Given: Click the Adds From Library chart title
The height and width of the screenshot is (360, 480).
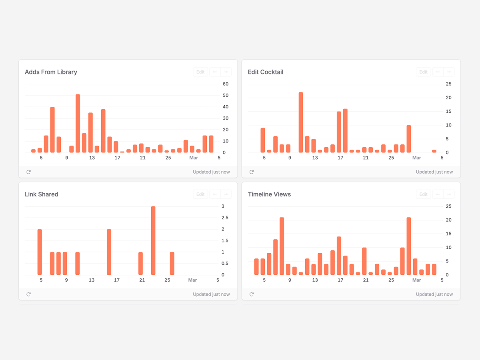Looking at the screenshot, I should [51, 72].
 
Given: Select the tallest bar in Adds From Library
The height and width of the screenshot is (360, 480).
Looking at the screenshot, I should [78, 123].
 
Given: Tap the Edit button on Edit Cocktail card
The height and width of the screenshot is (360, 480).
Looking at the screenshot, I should [423, 72].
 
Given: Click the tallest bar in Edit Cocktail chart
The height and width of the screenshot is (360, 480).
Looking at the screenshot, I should [301, 122].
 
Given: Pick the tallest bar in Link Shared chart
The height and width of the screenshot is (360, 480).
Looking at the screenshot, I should [153, 240].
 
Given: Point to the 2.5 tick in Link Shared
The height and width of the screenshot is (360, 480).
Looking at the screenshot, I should [225, 218].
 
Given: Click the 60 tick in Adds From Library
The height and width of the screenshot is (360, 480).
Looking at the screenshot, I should [226, 84].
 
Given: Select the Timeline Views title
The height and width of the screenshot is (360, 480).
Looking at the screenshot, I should [269, 194].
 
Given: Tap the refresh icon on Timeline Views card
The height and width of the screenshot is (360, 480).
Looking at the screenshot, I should [252, 294].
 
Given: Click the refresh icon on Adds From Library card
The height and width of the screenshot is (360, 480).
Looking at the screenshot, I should [28, 172].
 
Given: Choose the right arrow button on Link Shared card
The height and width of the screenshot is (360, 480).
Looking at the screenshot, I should [226, 194].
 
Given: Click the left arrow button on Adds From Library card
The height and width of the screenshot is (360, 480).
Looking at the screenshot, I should [215, 72].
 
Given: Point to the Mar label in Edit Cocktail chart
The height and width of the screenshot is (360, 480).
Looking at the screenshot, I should [416, 158].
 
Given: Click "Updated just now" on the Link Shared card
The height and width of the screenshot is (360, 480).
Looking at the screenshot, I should [211, 294].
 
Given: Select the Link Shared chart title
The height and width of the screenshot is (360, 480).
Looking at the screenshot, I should [42, 194].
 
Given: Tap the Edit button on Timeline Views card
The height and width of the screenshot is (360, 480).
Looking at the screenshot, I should [423, 194].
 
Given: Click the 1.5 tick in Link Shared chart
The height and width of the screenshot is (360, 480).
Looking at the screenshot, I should [225, 240].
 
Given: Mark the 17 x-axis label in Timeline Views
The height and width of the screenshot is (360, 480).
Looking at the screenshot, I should [340, 280].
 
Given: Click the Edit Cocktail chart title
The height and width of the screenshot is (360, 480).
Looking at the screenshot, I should [266, 72].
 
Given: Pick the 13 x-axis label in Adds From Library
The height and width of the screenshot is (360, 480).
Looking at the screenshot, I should [92, 158].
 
